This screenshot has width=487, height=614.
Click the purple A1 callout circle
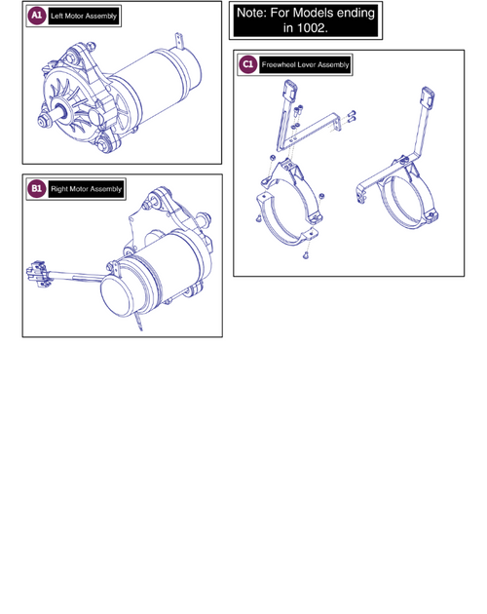[36, 16]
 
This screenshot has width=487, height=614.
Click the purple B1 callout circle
[36, 189]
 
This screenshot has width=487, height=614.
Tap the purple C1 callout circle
[247, 64]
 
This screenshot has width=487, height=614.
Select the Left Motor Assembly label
[84, 16]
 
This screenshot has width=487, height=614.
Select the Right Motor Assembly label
[86, 189]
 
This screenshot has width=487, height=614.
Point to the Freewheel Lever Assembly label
[305, 64]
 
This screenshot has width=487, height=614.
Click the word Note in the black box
[251, 13]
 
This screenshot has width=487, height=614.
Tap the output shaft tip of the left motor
[42, 122]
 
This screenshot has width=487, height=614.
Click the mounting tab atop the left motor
[179, 40]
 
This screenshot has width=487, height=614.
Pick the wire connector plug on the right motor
[37, 273]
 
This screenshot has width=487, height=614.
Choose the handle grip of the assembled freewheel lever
[428, 96]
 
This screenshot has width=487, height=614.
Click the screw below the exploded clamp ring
[306, 255]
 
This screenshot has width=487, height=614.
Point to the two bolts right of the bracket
[352, 116]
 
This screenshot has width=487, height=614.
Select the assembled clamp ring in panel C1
[409, 201]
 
